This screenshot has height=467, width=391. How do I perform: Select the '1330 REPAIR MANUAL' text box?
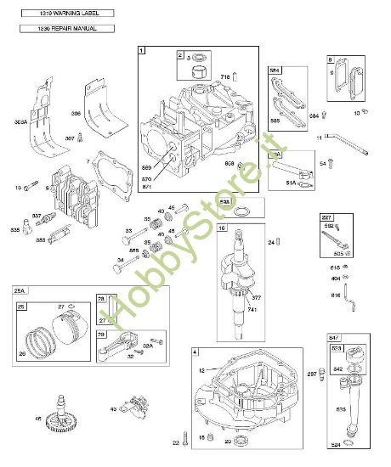point(56,28)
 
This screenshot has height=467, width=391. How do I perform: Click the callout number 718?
point(225,77)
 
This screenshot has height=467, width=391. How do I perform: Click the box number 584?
point(275,70)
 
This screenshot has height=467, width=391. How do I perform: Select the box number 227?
point(326,217)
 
